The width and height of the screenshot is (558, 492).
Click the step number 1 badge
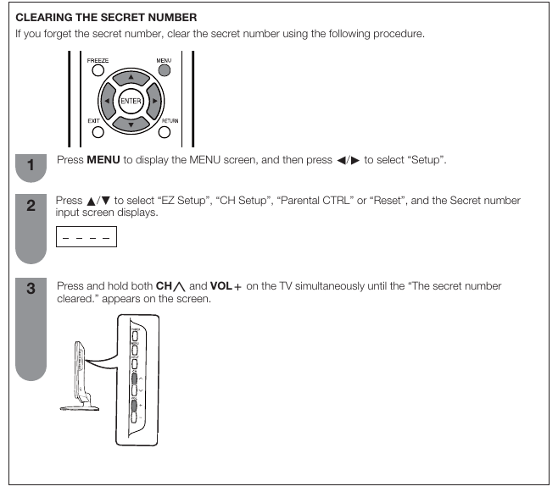tap(31, 166)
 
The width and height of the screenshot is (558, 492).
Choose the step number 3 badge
tap(31, 289)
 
